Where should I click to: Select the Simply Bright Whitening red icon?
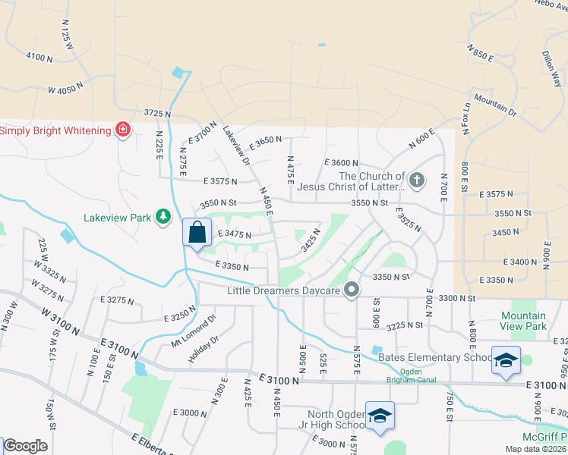(122, 130)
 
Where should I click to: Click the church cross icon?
(415, 180)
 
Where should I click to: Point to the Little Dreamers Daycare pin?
(351, 290)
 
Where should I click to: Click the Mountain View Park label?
(523, 321)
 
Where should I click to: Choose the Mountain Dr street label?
(495, 105)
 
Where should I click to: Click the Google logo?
(24, 446)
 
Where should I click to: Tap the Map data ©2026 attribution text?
(535, 449)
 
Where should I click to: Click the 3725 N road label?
(156, 114)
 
